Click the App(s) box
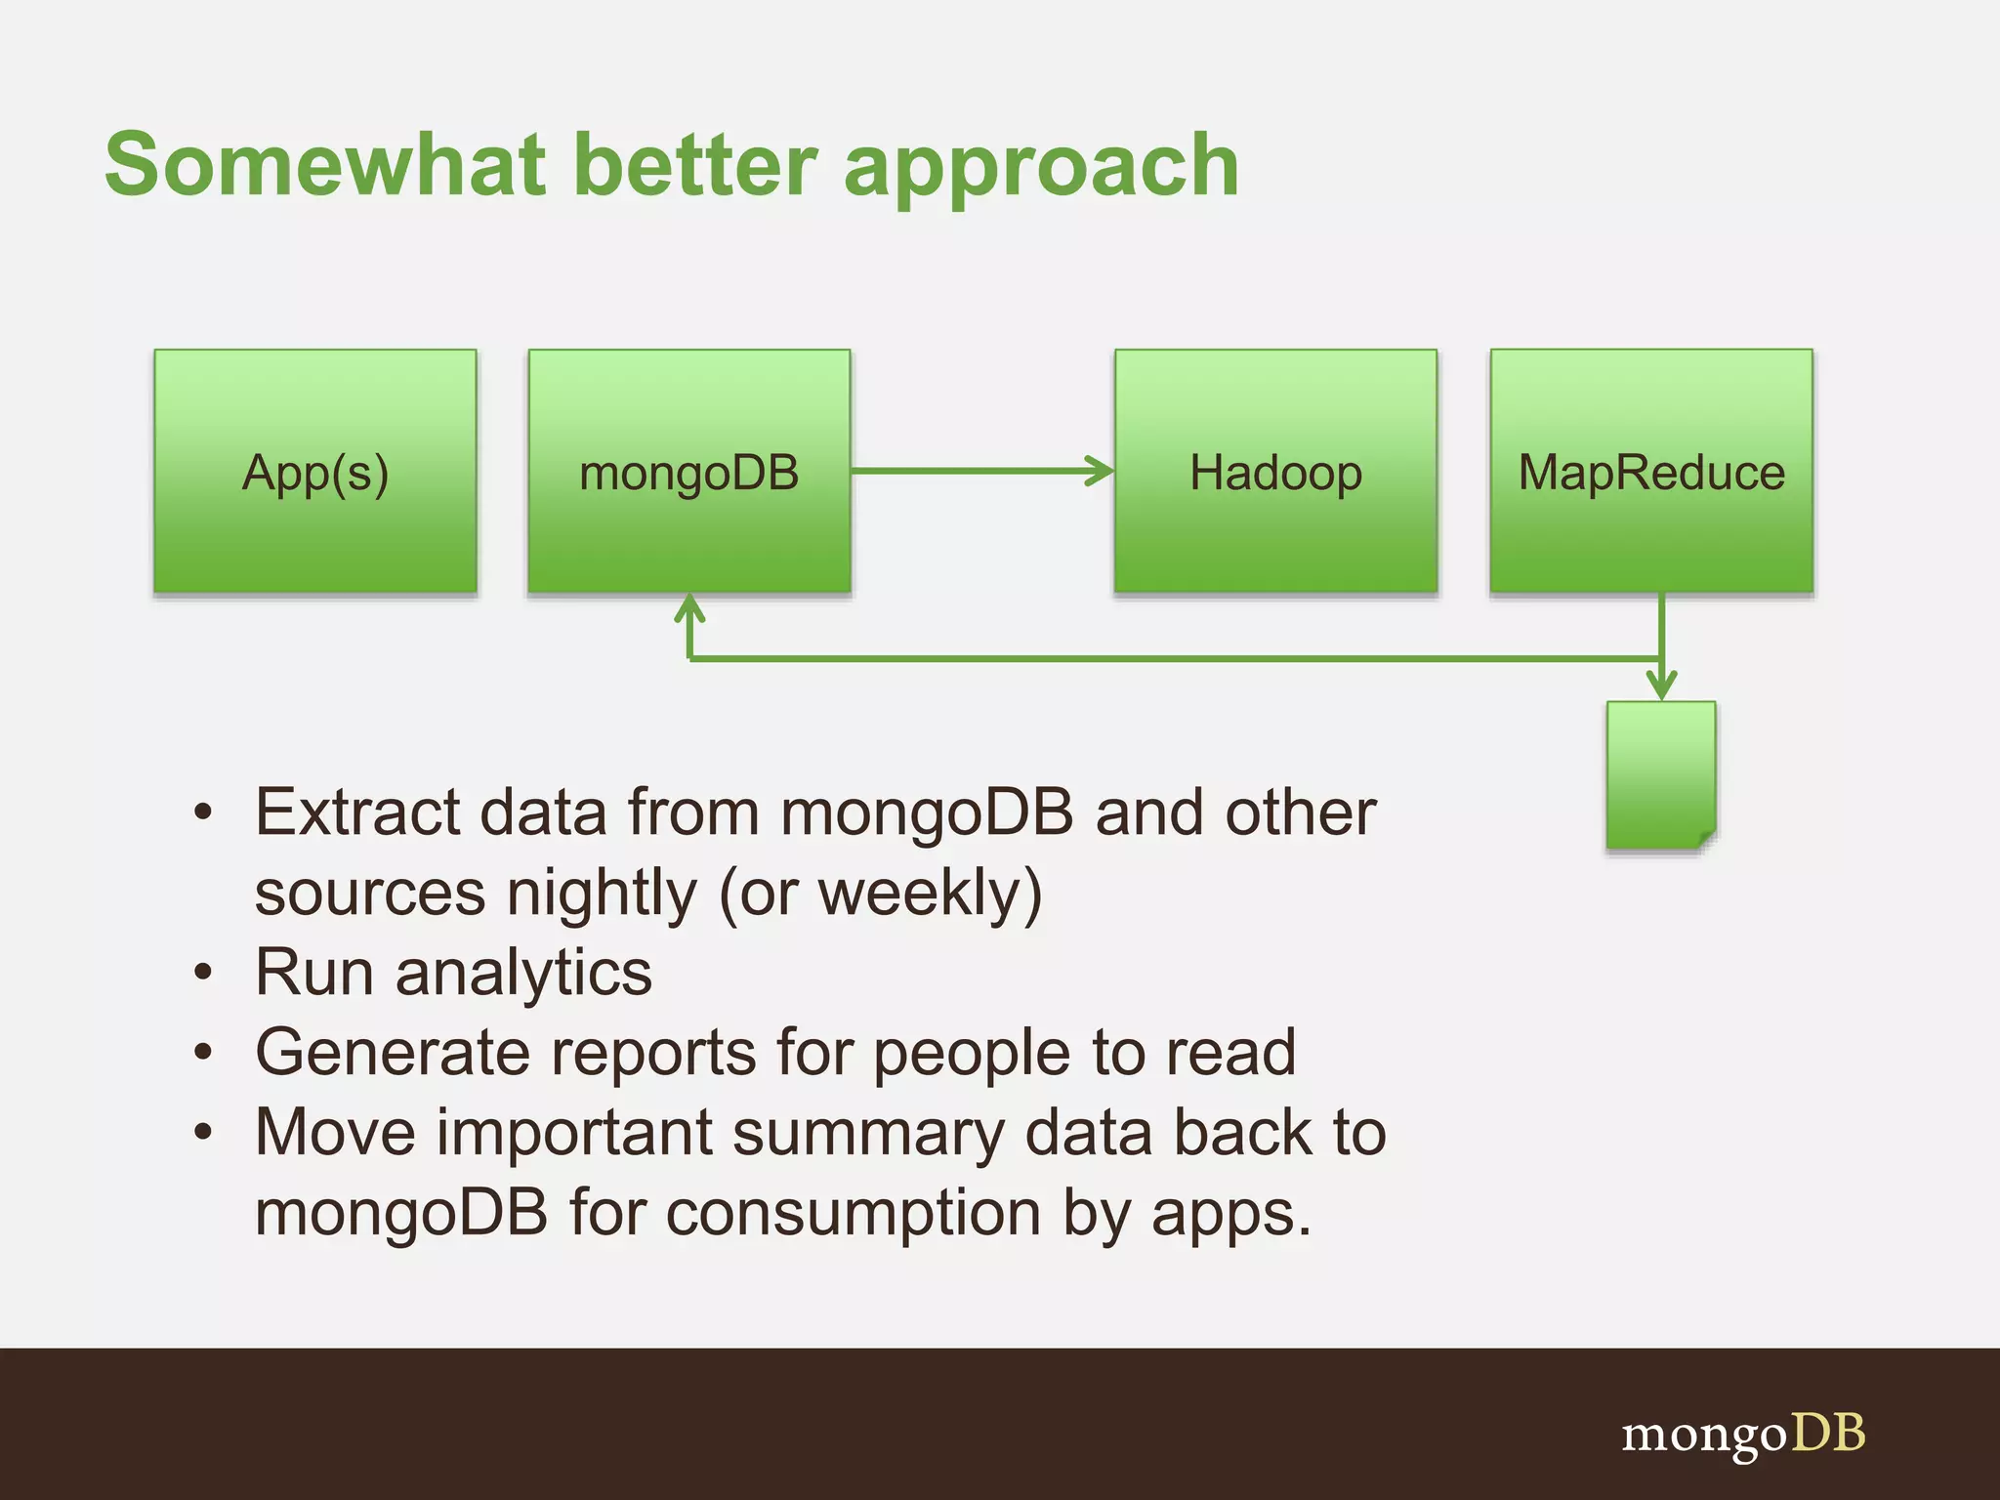tap(315, 472)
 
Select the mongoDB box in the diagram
tap(689, 472)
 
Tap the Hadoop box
tap(1275, 472)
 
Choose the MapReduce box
tap(1651, 472)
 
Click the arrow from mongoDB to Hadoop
tap(981, 471)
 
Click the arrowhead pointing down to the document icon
tap(1661, 685)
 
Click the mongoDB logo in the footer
tap(1743, 1435)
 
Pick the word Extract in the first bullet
tap(357, 812)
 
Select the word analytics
tap(523, 974)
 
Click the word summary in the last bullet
tap(867, 1134)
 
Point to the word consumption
tap(855, 1214)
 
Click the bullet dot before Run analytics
tap(203, 973)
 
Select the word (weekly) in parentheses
tap(930, 894)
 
